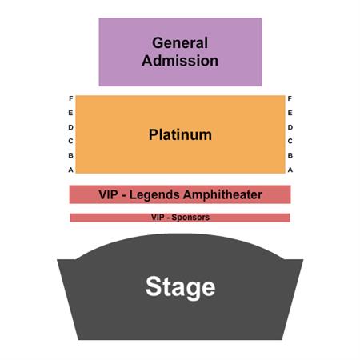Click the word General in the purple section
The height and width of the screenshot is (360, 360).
tap(180, 43)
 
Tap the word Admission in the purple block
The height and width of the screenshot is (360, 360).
tap(180, 61)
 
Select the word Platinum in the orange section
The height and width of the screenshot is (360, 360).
tap(180, 134)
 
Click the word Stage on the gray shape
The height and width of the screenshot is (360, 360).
tap(180, 287)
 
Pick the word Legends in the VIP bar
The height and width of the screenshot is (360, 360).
tap(154, 195)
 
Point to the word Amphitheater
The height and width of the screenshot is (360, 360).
tap(223, 194)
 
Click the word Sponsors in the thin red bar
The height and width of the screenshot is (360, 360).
tap(190, 218)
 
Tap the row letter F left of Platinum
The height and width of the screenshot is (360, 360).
tap(71, 98)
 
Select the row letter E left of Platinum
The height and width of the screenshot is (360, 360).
tap(70, 113)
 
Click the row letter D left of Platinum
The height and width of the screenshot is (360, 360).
tap(70, 127)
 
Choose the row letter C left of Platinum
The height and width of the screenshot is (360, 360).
tap(70, 141)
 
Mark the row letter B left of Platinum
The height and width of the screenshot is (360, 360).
tap(70, 155)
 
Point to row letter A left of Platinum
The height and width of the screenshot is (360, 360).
tap(70, 170)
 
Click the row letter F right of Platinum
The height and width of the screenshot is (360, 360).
tap(290, 98)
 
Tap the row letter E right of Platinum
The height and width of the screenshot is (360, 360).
tap(290, 113)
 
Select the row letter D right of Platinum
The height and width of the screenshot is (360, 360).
tap(290, 127)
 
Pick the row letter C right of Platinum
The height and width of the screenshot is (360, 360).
tap(290, 141)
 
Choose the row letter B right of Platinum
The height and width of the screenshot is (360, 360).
tap(290, 155)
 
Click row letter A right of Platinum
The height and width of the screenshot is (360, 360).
tap(290, 170)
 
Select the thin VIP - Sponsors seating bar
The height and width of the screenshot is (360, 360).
tap(180, 218)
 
